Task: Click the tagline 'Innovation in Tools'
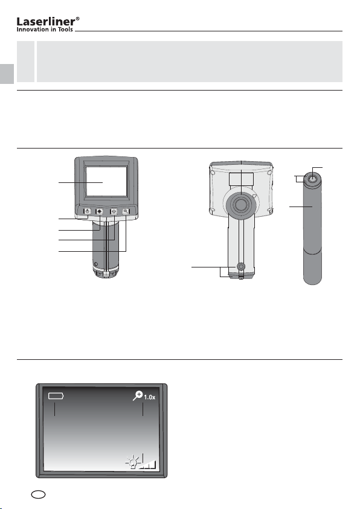45,30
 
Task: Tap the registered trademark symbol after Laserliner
77,19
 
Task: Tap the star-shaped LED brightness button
99,211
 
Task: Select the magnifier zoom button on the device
126,211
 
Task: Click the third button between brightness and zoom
114,211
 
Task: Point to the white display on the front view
106,182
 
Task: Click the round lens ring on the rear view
240,203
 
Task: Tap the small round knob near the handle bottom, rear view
240,267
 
